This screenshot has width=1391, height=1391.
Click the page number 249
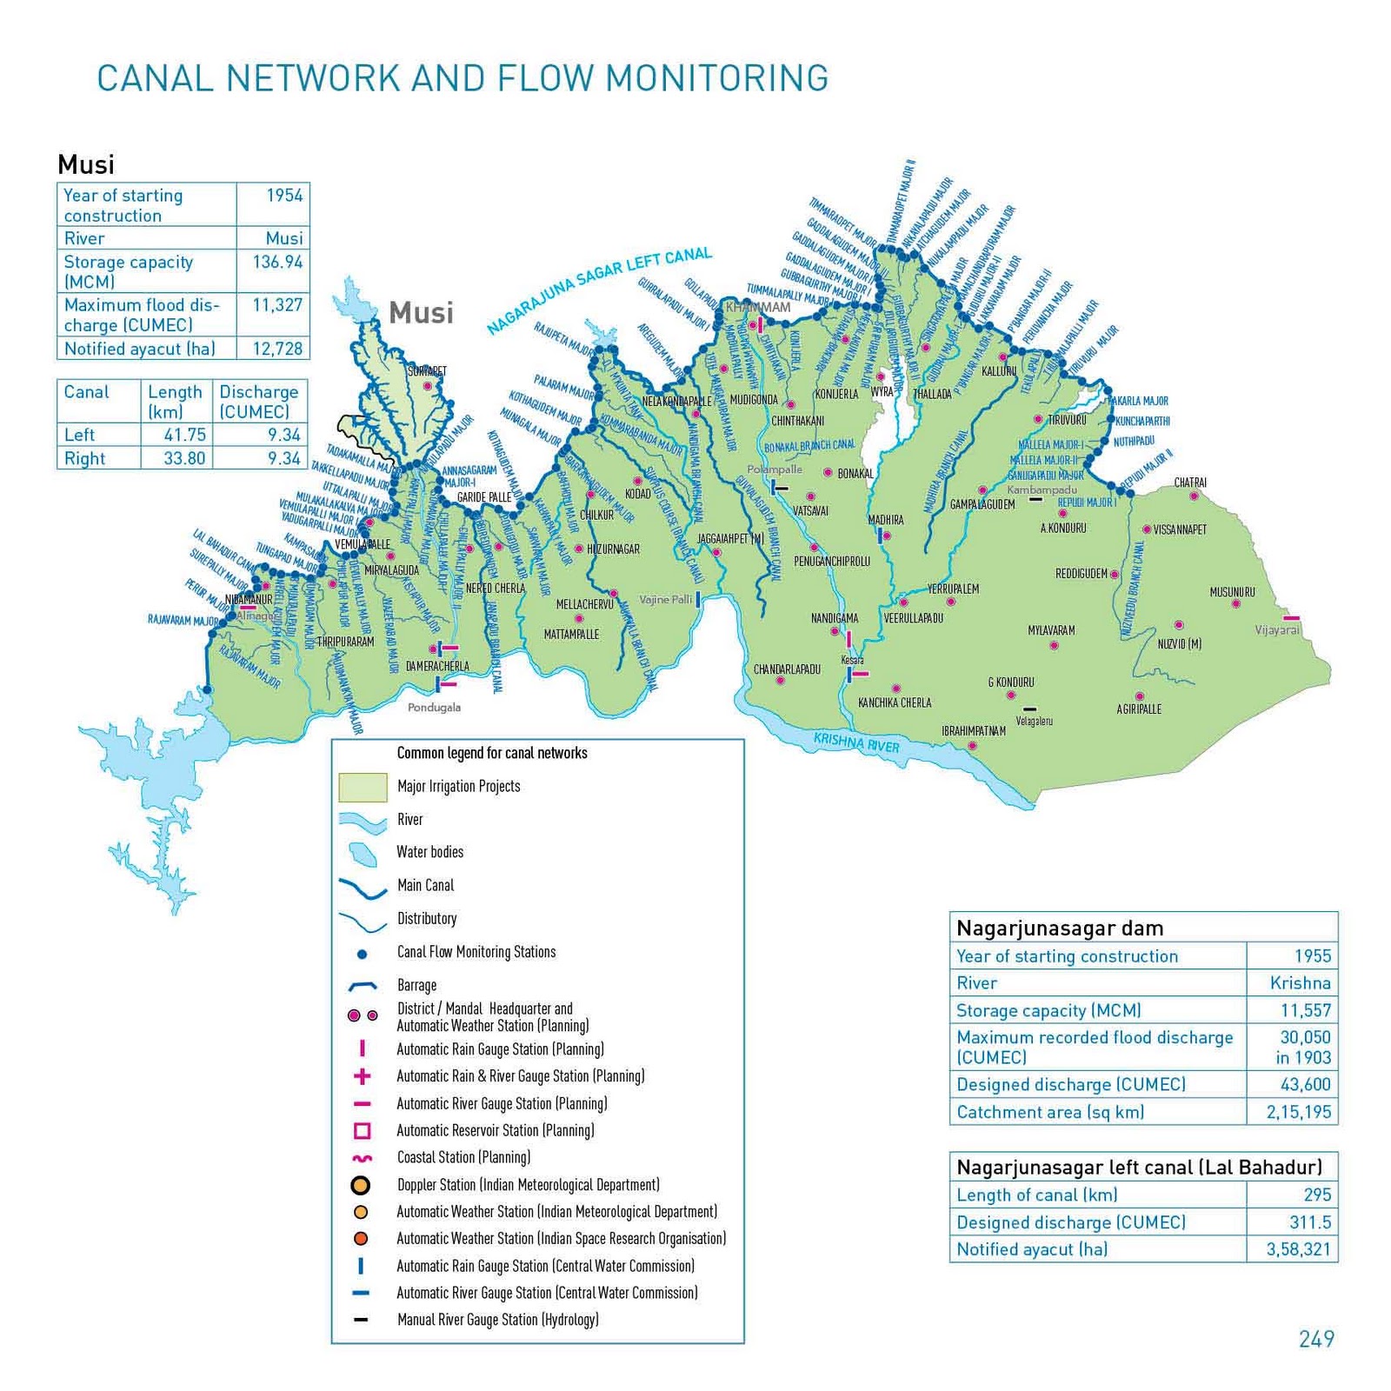(1316, 1339)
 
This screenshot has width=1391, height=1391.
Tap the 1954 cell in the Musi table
(284, 196)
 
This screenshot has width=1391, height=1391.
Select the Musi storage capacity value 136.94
(277, 262)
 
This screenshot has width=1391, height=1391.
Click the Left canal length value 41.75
(184, 435)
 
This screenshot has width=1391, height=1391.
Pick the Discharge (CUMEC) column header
(258, 402)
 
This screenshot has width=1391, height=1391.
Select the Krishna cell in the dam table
(1300, 983)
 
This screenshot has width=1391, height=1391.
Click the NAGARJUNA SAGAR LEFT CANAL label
(599, 290)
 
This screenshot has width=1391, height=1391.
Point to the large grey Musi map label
(421, 313)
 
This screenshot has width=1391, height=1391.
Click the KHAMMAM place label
(758, 307)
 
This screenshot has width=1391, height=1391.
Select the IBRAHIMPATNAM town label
(973, 731)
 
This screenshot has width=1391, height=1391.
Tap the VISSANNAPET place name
(1180, 529)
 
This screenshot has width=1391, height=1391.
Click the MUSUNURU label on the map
(1232, 592)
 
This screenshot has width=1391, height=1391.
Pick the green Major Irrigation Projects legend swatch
(363, 787)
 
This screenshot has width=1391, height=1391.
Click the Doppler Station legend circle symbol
(360, 1185)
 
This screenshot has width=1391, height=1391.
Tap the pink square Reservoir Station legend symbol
(363, 1131)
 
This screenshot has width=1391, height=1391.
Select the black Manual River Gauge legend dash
(361, 1320)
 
